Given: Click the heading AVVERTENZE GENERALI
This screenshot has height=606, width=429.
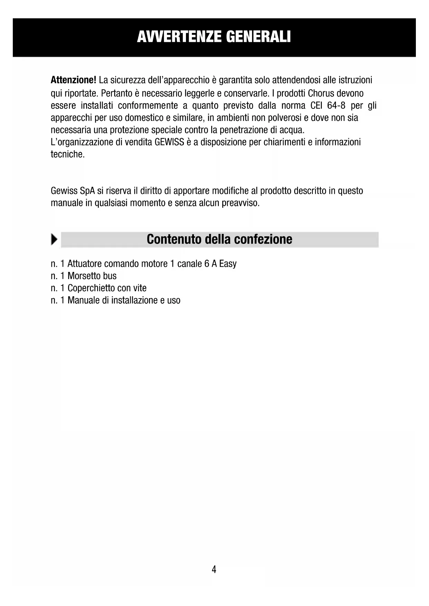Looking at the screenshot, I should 214,37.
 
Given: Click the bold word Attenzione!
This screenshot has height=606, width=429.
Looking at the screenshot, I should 73,80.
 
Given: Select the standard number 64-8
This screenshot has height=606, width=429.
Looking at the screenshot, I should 336,105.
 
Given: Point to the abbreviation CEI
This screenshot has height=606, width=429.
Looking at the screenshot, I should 316,105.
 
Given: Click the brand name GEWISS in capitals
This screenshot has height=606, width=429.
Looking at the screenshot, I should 169,142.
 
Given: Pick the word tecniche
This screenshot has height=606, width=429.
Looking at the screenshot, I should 67,154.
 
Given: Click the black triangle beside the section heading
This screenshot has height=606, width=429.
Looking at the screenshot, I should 54,239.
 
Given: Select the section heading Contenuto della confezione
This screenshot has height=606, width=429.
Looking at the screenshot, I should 219,239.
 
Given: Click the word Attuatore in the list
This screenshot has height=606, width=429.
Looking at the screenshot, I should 84,264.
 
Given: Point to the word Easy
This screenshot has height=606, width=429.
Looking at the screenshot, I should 228,264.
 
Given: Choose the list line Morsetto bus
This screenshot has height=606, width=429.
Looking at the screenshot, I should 92,276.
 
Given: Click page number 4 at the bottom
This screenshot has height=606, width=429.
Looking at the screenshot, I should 214,569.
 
